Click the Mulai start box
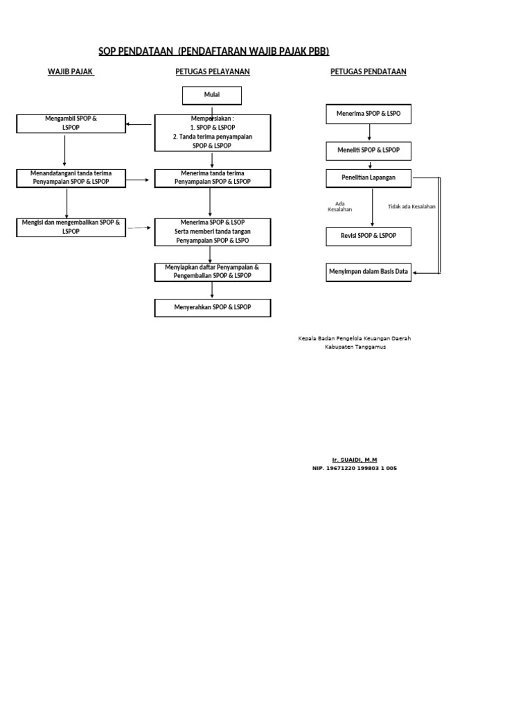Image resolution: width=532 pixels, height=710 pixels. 211,96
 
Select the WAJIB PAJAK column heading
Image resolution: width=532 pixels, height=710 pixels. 70,71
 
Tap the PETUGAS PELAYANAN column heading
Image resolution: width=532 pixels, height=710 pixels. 212,71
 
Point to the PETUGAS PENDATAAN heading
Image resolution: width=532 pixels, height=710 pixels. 369,71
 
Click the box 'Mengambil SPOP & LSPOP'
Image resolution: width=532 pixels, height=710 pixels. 71,123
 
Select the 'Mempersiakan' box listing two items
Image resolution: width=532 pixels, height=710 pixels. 213,132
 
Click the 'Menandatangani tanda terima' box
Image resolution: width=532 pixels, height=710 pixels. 71,177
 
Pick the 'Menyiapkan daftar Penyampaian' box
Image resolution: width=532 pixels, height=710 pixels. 213,271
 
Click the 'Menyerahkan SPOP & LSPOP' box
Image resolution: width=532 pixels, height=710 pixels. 213,307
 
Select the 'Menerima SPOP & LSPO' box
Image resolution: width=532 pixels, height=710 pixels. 369,113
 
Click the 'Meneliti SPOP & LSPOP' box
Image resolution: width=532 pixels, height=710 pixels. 369,150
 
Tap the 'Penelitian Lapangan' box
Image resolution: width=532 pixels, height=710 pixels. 369,178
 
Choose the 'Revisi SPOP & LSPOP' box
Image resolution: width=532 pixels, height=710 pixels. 369,236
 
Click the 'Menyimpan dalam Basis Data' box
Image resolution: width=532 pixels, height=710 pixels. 369,272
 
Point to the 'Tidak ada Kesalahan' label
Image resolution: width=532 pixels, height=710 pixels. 411,207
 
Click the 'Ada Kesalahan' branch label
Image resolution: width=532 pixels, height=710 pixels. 339,206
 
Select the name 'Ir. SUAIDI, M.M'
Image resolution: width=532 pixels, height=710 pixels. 355,460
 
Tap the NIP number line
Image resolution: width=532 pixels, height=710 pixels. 355,468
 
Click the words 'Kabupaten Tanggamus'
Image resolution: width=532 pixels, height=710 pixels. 355,347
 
